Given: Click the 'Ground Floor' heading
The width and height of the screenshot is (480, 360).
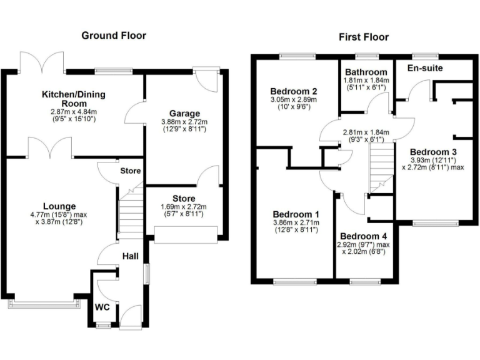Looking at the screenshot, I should [114, 35].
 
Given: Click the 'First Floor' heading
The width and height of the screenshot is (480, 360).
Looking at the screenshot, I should [364, 37].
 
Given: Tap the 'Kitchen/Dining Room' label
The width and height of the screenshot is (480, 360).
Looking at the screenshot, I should [73, 99].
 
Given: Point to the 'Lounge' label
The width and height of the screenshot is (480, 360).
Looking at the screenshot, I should [59, 206].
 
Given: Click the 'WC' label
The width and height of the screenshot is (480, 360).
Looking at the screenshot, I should [102, 307].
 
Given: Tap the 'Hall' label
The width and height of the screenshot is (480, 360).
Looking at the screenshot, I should [130, 256].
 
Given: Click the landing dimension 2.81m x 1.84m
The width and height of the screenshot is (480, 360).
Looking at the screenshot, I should [366, 132].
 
